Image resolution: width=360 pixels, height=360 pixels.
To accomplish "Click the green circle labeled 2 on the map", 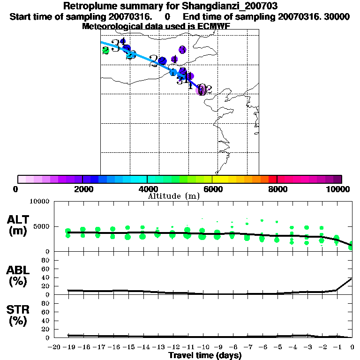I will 106,50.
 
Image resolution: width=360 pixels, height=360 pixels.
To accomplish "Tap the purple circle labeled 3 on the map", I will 182,50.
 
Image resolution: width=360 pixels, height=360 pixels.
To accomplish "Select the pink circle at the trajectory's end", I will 201,90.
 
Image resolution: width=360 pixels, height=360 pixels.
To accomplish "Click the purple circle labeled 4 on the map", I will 174,60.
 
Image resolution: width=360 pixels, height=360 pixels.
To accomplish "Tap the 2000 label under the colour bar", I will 82,189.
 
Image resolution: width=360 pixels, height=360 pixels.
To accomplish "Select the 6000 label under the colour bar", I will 212,189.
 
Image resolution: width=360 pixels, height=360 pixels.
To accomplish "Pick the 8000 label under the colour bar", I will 277,189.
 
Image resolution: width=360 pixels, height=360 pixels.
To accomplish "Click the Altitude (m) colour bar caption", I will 173,196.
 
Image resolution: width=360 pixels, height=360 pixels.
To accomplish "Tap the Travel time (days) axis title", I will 205,355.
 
